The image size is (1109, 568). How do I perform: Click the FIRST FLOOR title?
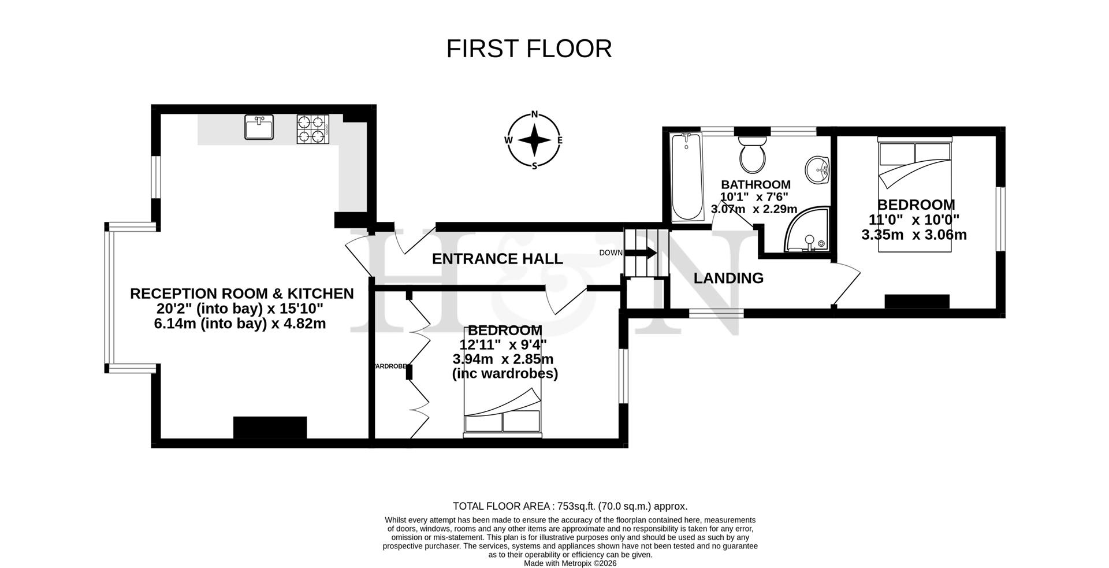(529, 49)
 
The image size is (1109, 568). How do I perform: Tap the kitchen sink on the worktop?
(259, 127)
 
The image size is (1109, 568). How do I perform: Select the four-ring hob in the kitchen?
(312, 129)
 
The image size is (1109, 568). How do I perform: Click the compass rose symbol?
(534, 140)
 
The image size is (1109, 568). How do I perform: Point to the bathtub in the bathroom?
(687, 176)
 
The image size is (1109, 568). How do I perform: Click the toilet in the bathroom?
(752, 155)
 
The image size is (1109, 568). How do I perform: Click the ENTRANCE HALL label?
(497, 259)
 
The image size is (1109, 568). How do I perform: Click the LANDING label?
(728, 278)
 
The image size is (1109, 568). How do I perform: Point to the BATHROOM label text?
(756, 185)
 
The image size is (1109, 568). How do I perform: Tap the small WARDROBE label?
(392, 366)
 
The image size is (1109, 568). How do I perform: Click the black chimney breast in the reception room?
(270, 428)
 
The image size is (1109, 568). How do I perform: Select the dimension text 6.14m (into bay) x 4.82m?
(240, 324)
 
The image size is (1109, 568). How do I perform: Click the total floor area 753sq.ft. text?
(570, 506)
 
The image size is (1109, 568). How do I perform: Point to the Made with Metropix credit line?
(570, 563)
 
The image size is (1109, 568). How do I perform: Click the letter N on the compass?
(534, 114)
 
